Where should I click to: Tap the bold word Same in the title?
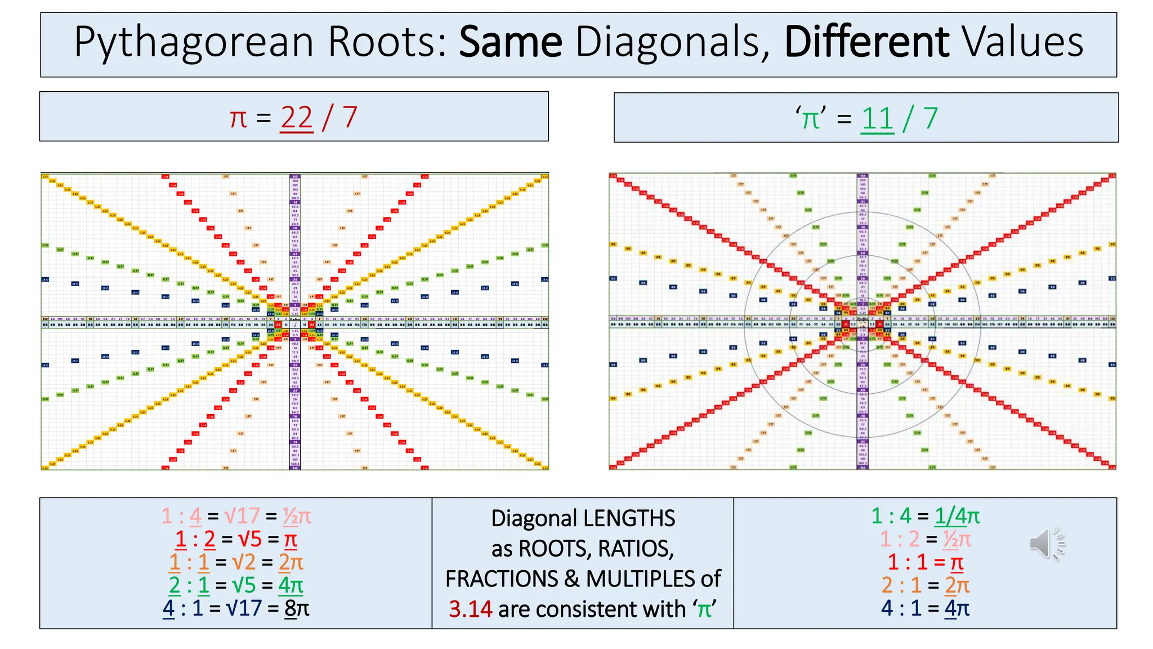click(x=510, y=43)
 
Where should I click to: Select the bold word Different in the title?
click(x=866, y=43)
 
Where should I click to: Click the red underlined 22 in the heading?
click(x=296, y=118)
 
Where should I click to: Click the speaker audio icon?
click(x=1047, y=544)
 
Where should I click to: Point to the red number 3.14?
click(x=470, y=609)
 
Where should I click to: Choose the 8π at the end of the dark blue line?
click(x=297, y=608)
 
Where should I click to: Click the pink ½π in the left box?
click(x=297, y=516)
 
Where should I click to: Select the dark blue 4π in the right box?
click(x=957, y=608)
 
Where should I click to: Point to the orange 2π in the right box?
click(x=957, y=585)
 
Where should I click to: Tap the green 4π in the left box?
click(x=291, y=585)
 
